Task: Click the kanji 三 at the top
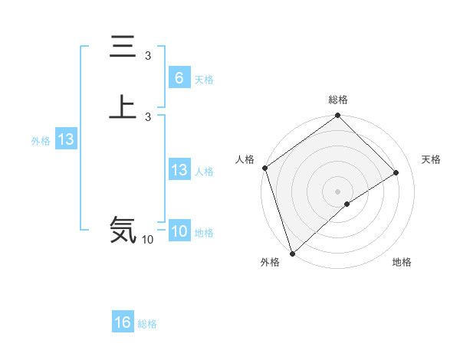[123, 47]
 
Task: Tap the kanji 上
[123, 106]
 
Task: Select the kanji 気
[123, 229]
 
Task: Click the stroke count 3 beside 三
[148, 56]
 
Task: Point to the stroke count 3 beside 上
[148, 116]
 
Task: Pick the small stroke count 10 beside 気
[147, 240]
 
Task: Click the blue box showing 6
[179, 78]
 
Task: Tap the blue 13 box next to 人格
[179, 170]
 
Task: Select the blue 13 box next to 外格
[65, 139]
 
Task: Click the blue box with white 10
[179, 231]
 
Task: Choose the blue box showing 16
[123, 322]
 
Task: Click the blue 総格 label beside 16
[147, 324]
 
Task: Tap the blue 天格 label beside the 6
[204, 80]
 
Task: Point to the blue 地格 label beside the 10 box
[204, 233]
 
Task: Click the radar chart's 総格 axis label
[338, 100]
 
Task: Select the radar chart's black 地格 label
[402, 262]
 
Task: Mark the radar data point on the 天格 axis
[396, 172]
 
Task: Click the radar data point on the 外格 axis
[292, 253]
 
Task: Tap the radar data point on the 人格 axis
[264, 168]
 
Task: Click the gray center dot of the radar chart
[338, 191]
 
